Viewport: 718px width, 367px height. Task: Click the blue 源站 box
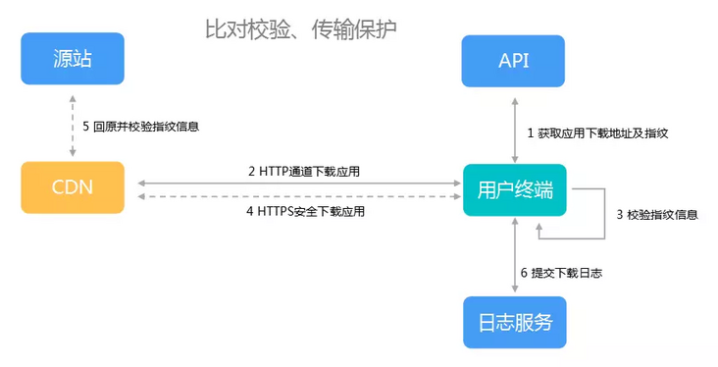pos(73,60)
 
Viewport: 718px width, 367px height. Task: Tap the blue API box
pos(514,61)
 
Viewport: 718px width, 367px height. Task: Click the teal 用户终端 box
pos(514,190)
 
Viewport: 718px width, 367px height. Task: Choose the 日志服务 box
pos(514,322)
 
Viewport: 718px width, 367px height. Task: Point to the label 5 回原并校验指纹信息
pos(140,127)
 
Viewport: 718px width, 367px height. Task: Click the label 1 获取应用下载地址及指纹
pos(598,131)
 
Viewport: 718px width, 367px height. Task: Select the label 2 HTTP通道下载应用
pos(303,171)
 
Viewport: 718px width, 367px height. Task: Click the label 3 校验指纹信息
pos(656,214)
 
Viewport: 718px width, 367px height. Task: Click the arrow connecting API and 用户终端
pos(514,128)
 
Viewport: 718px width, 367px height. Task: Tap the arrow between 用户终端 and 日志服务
pos(514,257)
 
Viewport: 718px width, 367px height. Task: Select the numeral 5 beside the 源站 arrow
pos(86,127)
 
